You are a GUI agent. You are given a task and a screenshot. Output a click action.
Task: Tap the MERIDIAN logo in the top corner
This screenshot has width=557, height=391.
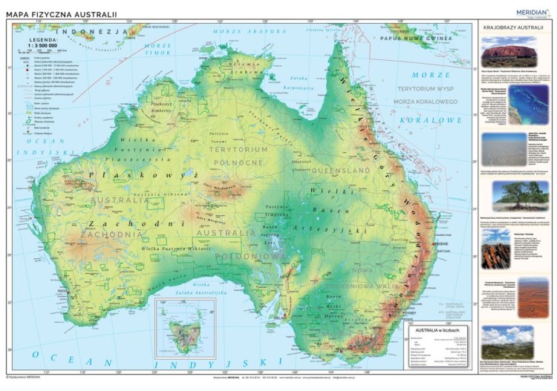tap(532, 10)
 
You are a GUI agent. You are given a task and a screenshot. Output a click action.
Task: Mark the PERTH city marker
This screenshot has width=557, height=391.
tap(68, 292)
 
